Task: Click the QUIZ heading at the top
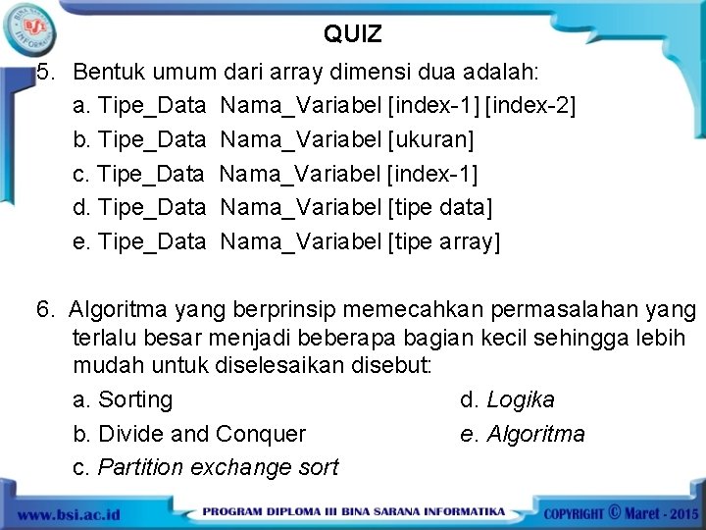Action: (353, 34)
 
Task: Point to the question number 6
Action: (44, 310)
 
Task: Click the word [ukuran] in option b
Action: (431, 140)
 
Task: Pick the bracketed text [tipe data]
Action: (440, 207)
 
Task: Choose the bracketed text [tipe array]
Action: (444, 241)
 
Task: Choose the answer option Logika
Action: (520, 400)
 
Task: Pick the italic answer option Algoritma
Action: (535, 434)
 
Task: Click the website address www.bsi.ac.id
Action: (68, 514)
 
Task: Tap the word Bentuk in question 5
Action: (107, 73)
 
